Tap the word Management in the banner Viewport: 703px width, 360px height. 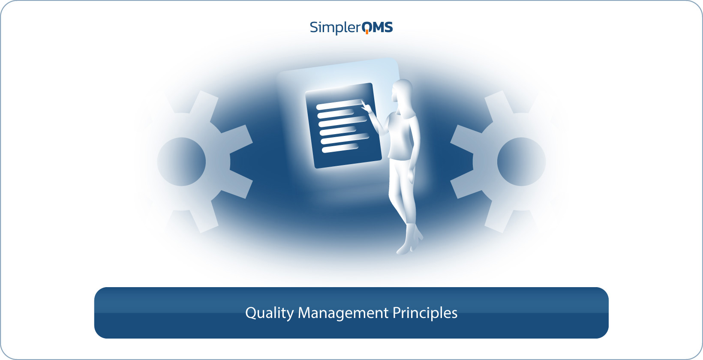(343, 313)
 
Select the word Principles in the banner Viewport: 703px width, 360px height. (425, 313)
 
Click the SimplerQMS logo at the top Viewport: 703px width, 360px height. (351, 27)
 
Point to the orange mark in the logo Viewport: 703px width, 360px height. (367, 32)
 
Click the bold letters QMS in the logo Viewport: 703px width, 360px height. (377, 27)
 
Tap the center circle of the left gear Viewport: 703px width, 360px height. (181, 162)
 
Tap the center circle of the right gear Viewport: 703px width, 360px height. (521, 162)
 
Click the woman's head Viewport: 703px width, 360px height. (402, 91)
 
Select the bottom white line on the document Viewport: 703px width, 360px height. (340, 148)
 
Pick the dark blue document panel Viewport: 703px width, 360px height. (343, 126)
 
